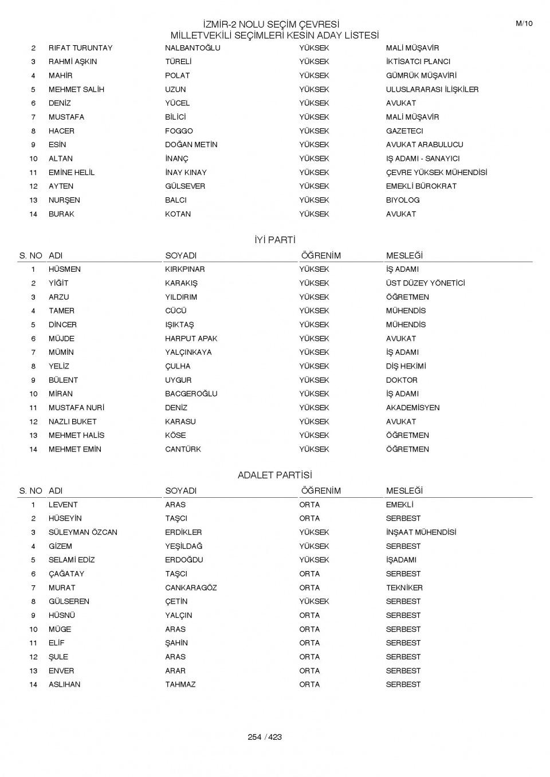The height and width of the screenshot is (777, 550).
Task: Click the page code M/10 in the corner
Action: click(524, 23)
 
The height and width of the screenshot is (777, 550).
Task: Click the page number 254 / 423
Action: click(265, 737)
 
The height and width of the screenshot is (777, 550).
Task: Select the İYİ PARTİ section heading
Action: click(274, 240)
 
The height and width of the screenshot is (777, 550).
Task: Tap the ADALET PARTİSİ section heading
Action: click(274, 475)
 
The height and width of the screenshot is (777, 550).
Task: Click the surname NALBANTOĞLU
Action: click(192, 48)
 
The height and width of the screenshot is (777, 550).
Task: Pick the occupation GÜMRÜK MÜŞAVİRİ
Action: click(421, 76)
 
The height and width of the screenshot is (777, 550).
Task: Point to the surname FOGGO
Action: click(179, 131)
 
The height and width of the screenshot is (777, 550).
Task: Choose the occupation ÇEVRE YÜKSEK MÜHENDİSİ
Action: click(437, 172)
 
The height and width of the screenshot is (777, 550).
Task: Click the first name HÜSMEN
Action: click(65, 269)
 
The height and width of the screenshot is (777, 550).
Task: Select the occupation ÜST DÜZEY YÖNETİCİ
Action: click(425, 283)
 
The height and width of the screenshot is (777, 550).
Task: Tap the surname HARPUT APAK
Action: click(191, 339)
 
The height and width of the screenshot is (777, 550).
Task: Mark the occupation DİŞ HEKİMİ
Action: click(406, 366)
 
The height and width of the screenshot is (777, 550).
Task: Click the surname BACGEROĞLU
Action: click(191, 394)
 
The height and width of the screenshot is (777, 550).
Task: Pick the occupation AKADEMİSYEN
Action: click(412, 408)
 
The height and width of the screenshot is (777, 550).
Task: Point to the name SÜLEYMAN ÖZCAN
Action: click(83, 532)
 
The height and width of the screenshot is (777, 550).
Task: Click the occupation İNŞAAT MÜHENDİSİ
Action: click(421, 532)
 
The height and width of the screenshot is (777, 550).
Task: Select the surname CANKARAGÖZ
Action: click(191, 588)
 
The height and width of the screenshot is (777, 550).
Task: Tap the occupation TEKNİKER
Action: click(404, 588)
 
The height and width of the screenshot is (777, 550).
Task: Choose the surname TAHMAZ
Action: click(180, 684)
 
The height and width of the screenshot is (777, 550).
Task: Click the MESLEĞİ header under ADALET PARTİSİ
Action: click(404, 491)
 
